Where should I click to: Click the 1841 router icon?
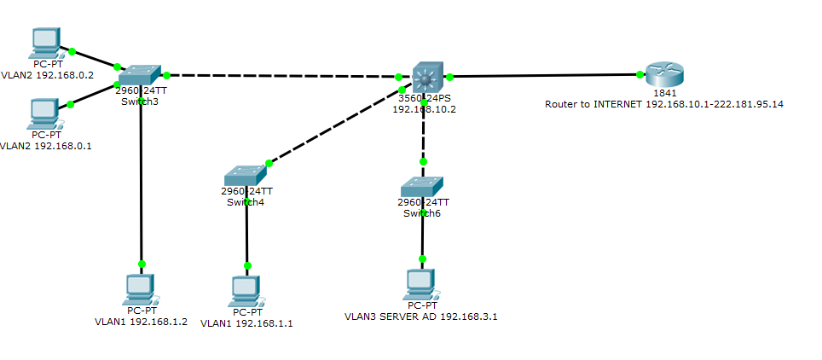[x=663, y=74]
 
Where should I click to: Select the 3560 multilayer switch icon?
[x=425, y=77]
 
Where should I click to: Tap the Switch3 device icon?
[x=140, y=75]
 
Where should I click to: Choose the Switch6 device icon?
[x=422, y=187]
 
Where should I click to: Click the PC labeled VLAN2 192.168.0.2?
[x=44, y=42]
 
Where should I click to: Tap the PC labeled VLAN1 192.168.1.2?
[x=140, y=288]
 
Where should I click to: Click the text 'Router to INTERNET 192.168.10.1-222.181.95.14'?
[x=663, y=104]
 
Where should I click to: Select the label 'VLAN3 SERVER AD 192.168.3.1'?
[x=420, y=316]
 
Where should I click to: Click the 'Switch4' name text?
[x=246, y=202]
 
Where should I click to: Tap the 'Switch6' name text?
[x=422, y=213]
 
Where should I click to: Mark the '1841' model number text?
[x=664, y=93]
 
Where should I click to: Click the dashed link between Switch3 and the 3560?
[x=281, y=76]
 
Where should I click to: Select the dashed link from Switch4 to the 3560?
[x=333, y=126]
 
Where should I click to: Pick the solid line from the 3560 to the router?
[x=546, y=76]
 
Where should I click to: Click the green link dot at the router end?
[x=640, y=75]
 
